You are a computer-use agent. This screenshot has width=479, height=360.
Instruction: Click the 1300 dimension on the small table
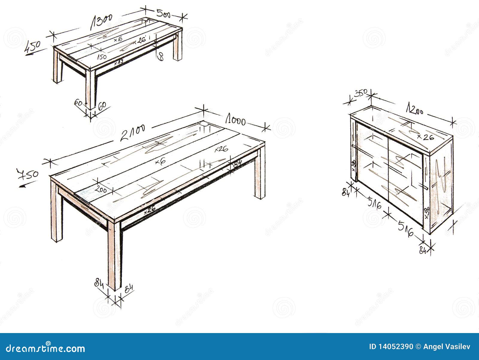[101, 22]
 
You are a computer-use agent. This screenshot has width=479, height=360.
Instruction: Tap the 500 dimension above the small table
[163, 13]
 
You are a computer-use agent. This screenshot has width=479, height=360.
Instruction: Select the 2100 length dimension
[133, 133]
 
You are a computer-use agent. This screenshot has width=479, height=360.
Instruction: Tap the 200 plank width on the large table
[101, 189]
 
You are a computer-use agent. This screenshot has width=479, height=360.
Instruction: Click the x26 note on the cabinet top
[425, 137]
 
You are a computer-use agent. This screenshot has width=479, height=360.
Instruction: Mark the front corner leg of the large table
[114, 255]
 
